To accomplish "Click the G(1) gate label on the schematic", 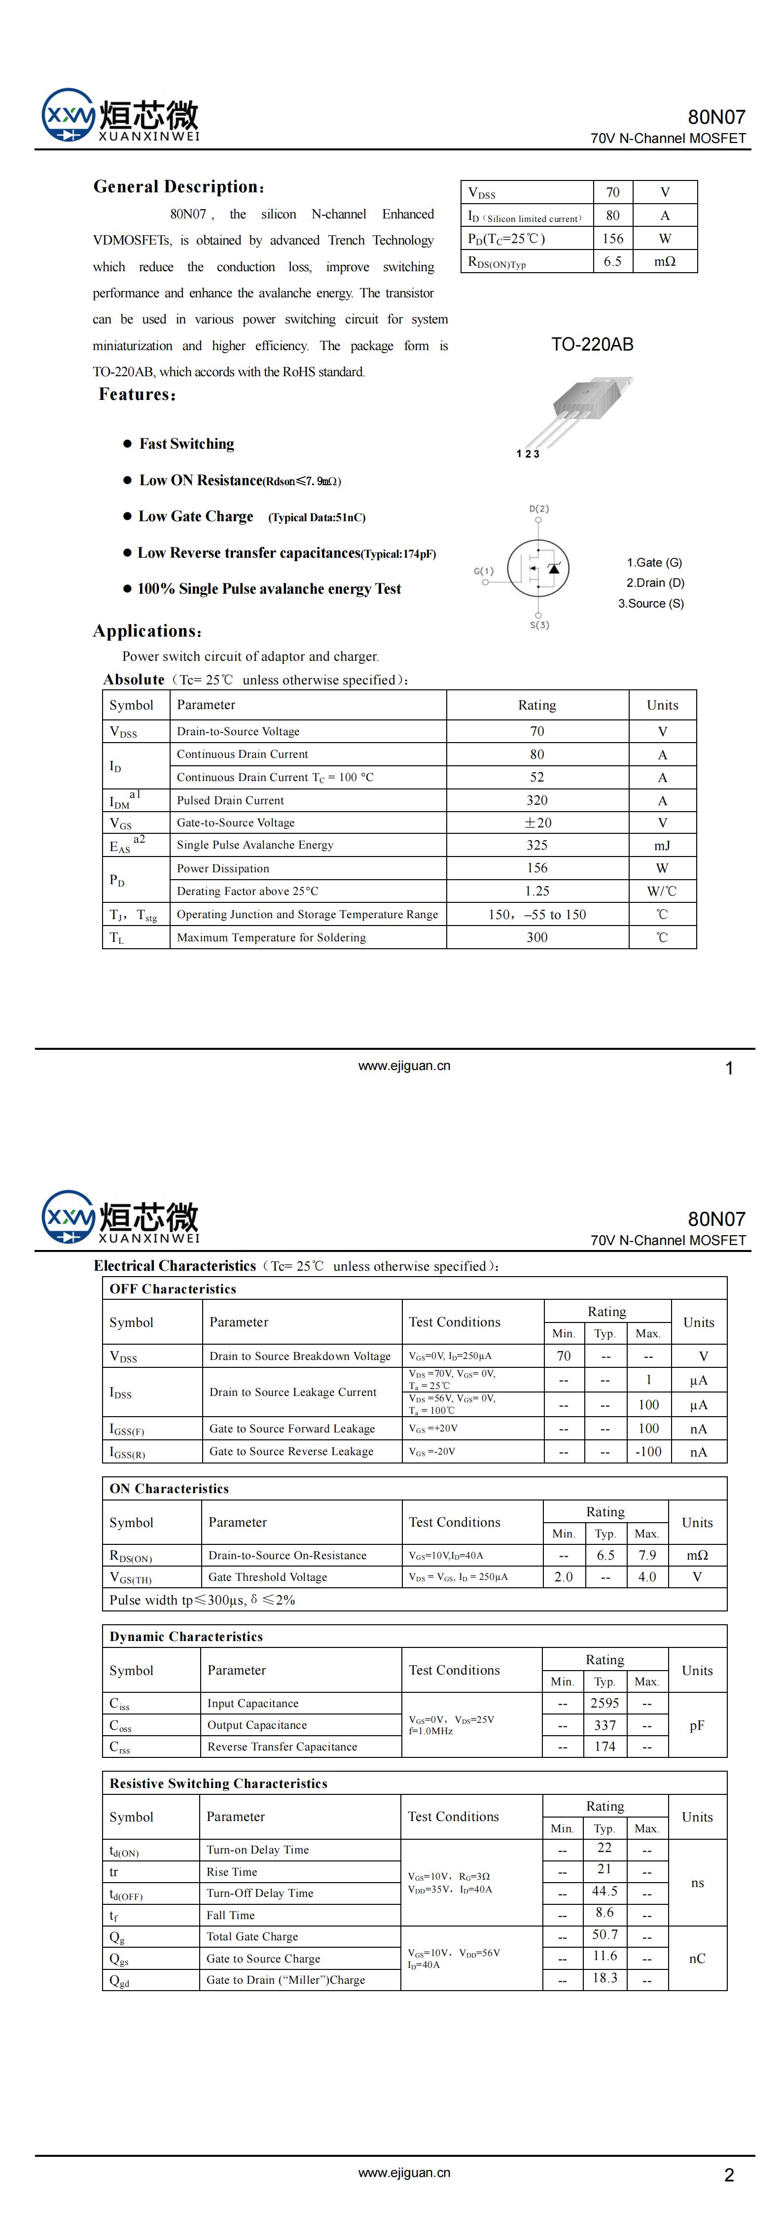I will coord(484,571).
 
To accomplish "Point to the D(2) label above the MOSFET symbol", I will coord(539,509).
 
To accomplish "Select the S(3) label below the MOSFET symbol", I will coord(539,625).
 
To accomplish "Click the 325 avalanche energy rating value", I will coord(536,845).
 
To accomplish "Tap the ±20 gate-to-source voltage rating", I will coord(537,822).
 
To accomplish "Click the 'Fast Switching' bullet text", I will coord(186,443).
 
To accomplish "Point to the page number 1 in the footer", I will coord(729,1069).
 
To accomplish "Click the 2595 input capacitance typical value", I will coord(604,1703).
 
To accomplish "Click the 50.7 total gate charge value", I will coord(604,1934).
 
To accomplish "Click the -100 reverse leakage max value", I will coord(647,1452).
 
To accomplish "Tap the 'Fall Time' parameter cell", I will coord(230,1915).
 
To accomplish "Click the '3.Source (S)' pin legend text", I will coord(651,604).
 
